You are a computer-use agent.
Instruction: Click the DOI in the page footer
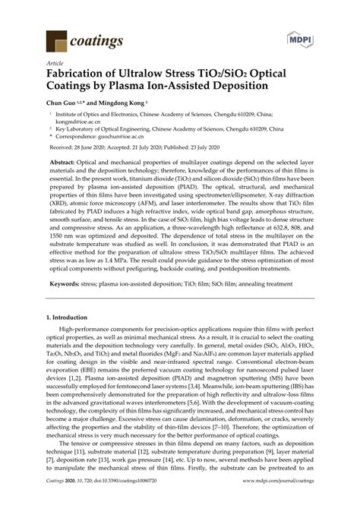(x=134, y=501)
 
